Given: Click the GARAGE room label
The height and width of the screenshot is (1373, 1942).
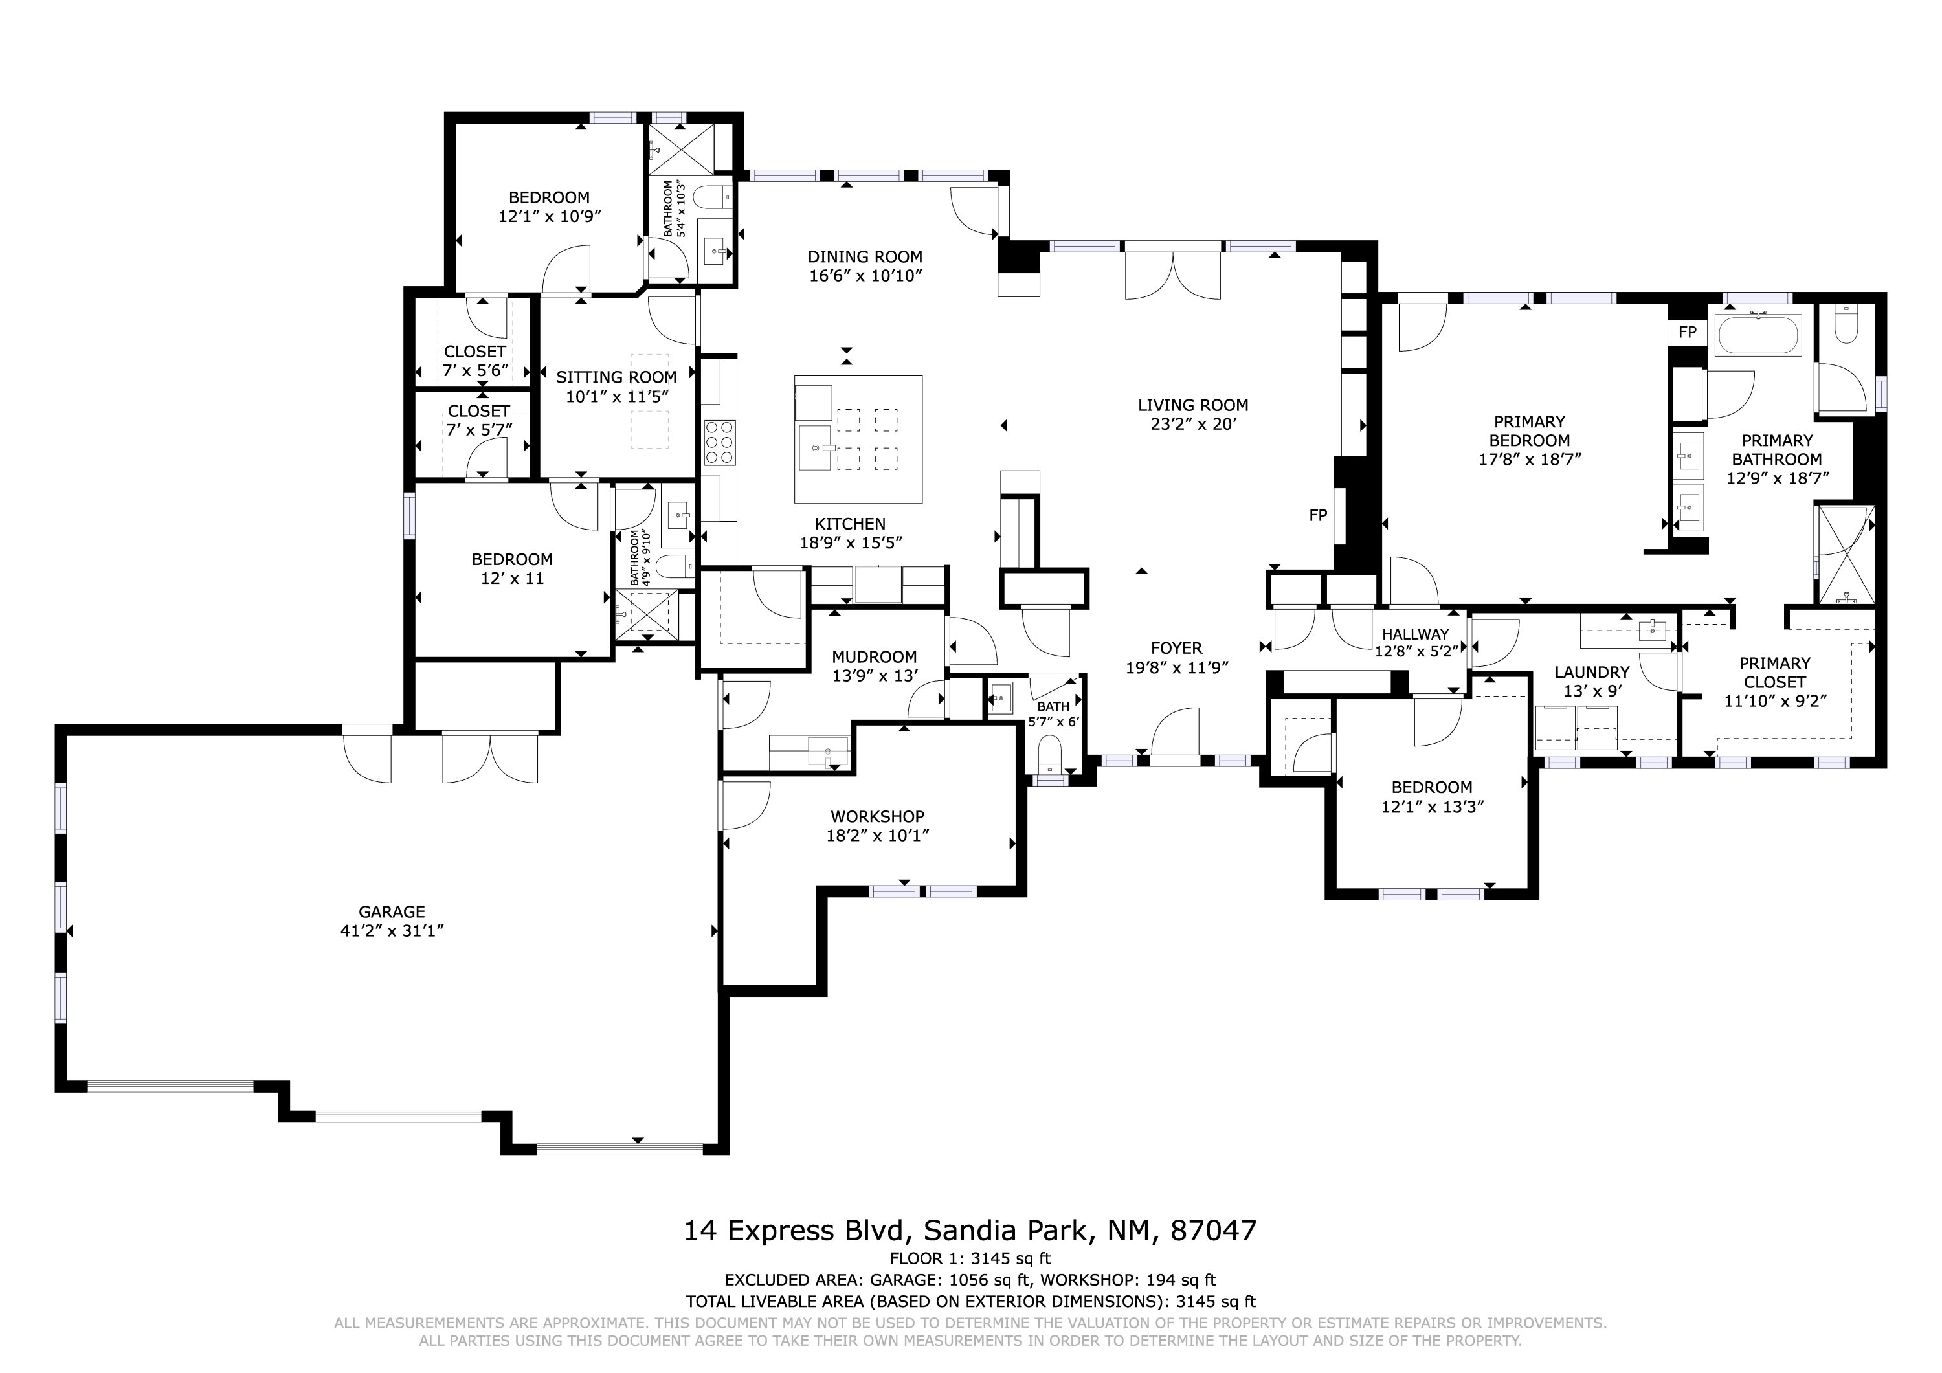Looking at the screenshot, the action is [x=392, y=912].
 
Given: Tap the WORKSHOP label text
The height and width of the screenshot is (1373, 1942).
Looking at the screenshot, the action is [x=877, y=816].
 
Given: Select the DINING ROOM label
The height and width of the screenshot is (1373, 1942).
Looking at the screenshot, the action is [x=864, y=256].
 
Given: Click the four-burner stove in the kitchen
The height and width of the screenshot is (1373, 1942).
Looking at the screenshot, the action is [x=719, y=442].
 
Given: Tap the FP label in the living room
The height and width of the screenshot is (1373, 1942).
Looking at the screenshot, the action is [x=1318, y=515].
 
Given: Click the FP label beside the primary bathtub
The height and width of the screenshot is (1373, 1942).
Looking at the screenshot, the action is [x=1688, y=331].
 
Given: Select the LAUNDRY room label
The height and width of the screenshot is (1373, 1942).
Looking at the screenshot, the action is [x=1592, y=672].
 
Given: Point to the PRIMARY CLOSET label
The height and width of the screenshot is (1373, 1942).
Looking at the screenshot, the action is [x=1774, y=672].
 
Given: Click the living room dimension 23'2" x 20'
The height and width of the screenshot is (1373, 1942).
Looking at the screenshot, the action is [x=1194, y=424].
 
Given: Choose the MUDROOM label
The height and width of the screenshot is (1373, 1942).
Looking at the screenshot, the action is [x=875, y=656].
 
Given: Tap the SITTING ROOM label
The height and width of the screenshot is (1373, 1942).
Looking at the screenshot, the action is [x=617, y=377].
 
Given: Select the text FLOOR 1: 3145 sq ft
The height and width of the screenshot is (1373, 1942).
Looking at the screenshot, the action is [x=970, y=1258].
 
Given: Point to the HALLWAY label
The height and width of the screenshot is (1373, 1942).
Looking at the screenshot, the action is [x=1415, y=634].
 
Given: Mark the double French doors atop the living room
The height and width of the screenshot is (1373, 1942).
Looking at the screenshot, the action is [x=1173, y=273].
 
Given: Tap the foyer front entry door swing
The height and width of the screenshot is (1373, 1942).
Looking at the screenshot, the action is [x=1176, y=733].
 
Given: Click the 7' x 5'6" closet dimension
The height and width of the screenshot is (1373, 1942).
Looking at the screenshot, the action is [x=475, y=370].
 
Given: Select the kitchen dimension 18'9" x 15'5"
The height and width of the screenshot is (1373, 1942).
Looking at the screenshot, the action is [x=851, y=542].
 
